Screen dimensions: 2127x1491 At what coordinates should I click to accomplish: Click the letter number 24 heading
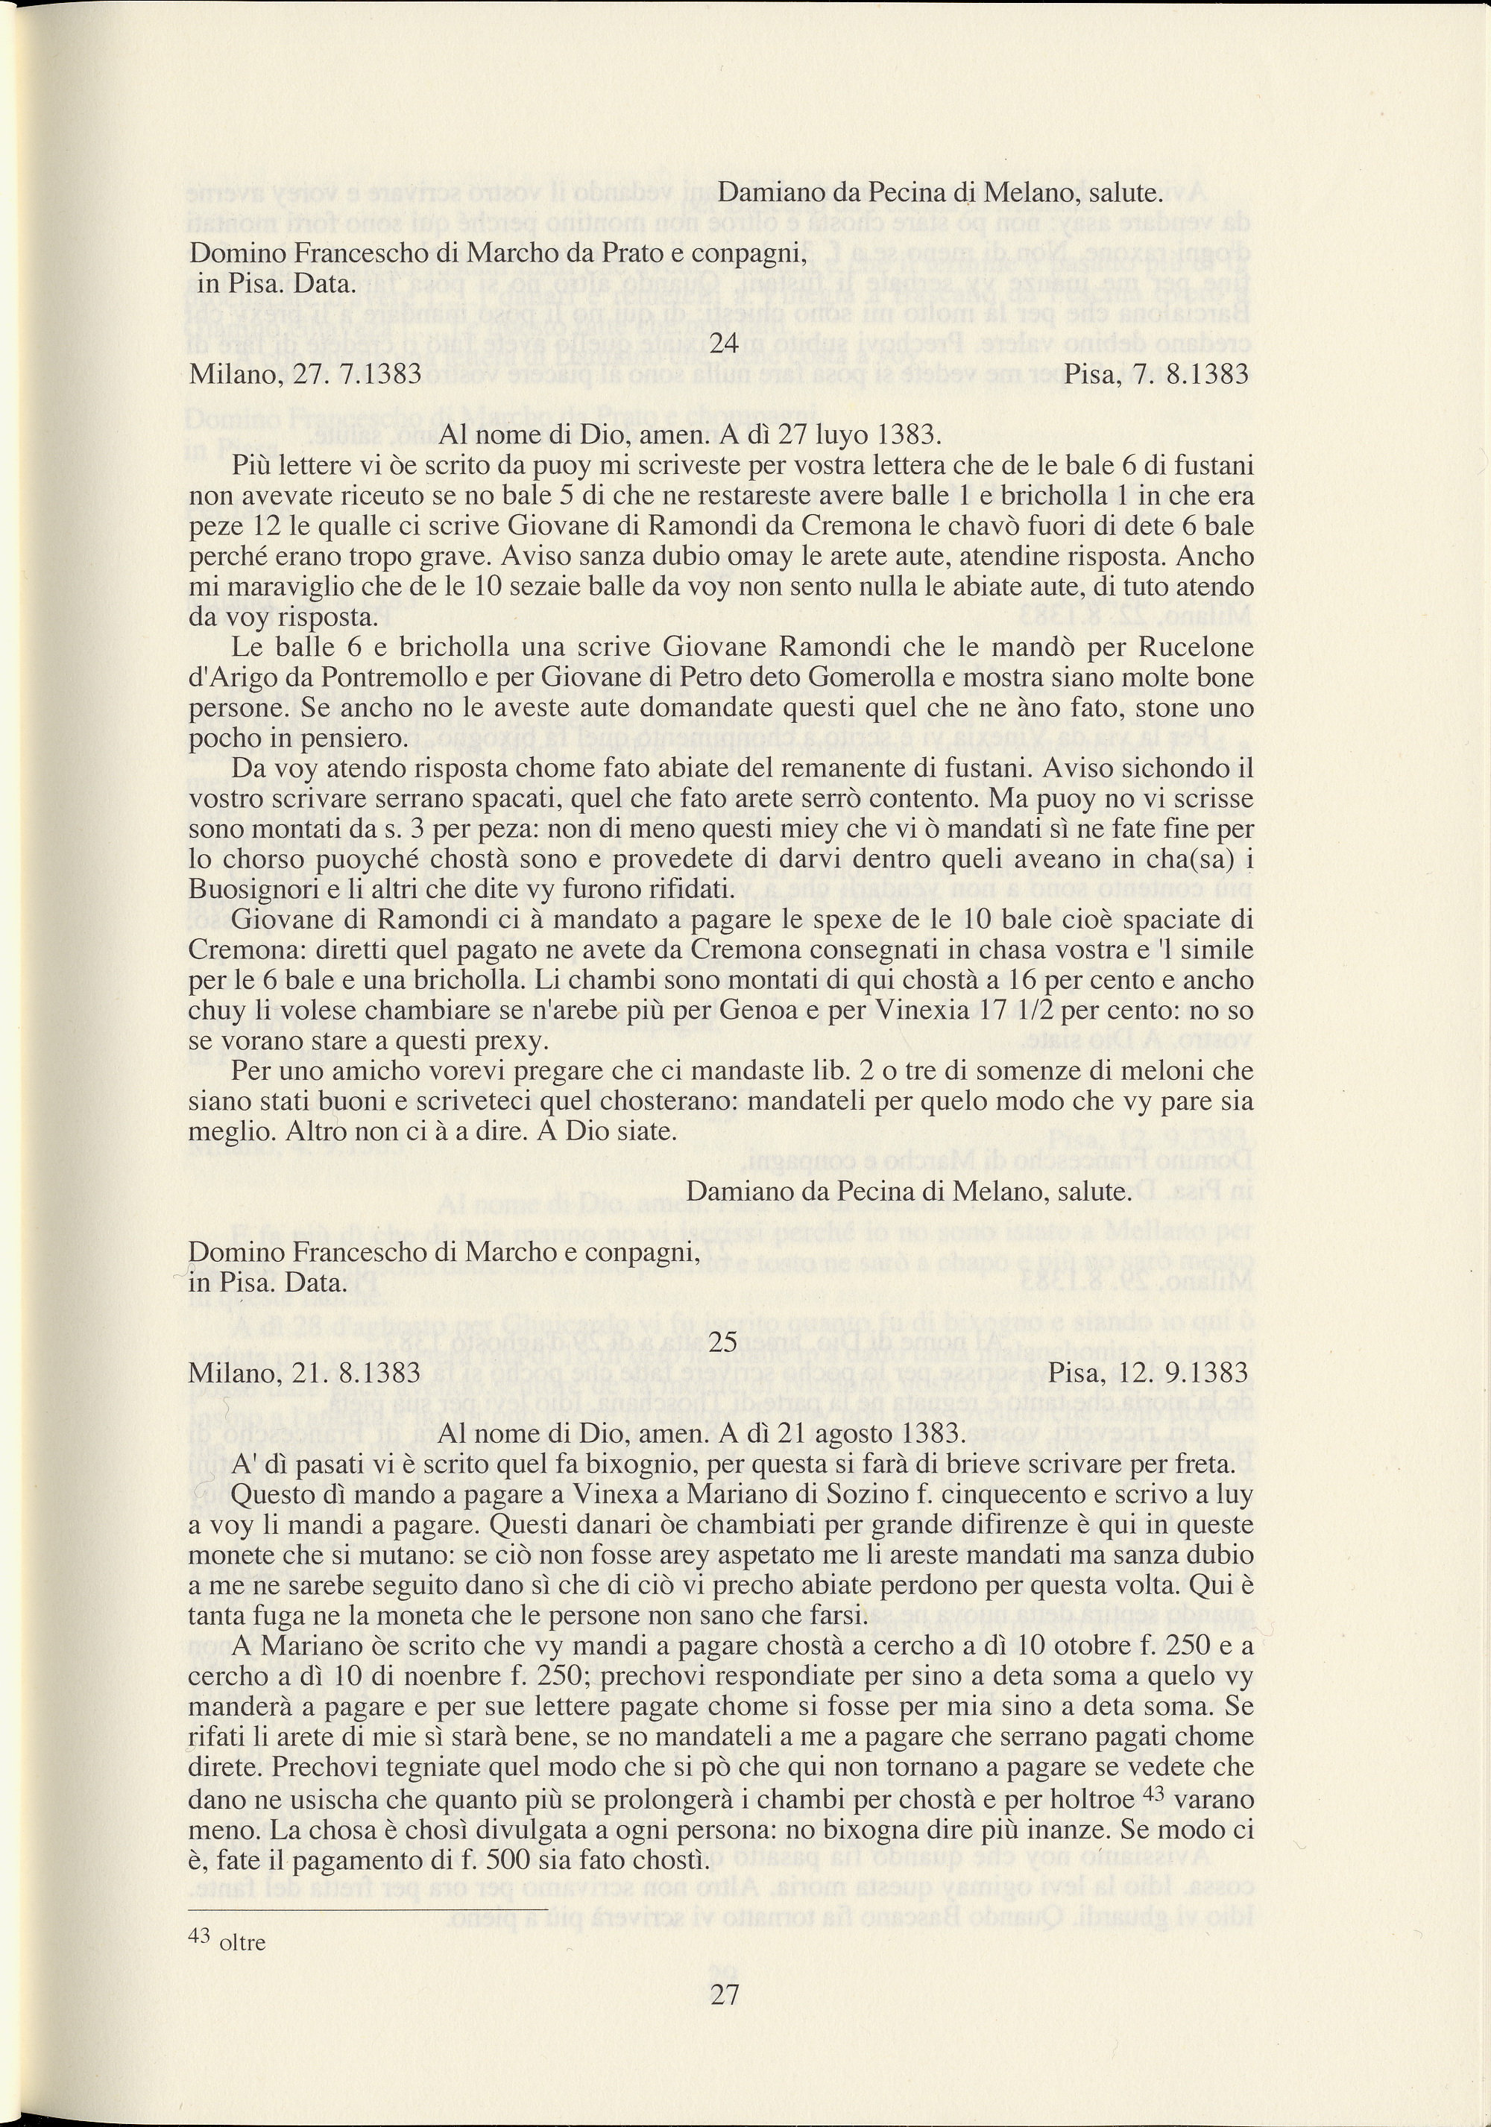[x=724, y=344]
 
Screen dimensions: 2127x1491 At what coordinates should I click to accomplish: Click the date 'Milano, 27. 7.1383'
[x=305, y=374]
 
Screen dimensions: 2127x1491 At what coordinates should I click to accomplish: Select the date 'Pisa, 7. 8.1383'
[x=1156, y=374]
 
